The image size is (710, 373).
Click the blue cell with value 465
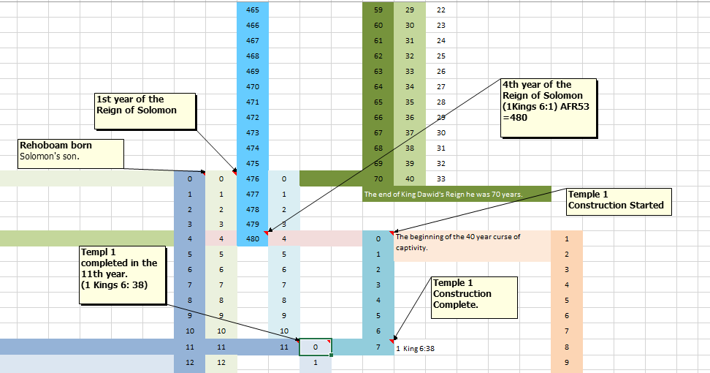click(253, 10)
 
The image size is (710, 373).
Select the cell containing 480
click(253, 238)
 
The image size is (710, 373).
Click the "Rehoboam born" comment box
click(69, 151)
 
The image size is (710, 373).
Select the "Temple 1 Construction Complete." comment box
click(473, 293)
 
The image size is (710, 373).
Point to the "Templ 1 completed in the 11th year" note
click(121, 268)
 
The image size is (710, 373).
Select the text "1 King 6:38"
click(415, 349)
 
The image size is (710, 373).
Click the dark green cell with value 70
click(378, 178)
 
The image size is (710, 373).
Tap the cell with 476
click(253, 178)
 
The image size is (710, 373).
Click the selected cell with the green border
click(316, 346)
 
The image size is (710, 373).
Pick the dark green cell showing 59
click(378, 10)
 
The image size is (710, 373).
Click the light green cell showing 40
click(410, 178)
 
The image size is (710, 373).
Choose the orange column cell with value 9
click(567, 361)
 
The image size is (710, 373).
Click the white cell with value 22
click(441, 10)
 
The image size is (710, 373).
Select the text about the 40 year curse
click(458, 241)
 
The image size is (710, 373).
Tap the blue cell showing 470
click(253, 86)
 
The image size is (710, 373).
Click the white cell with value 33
click(441, 178)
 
